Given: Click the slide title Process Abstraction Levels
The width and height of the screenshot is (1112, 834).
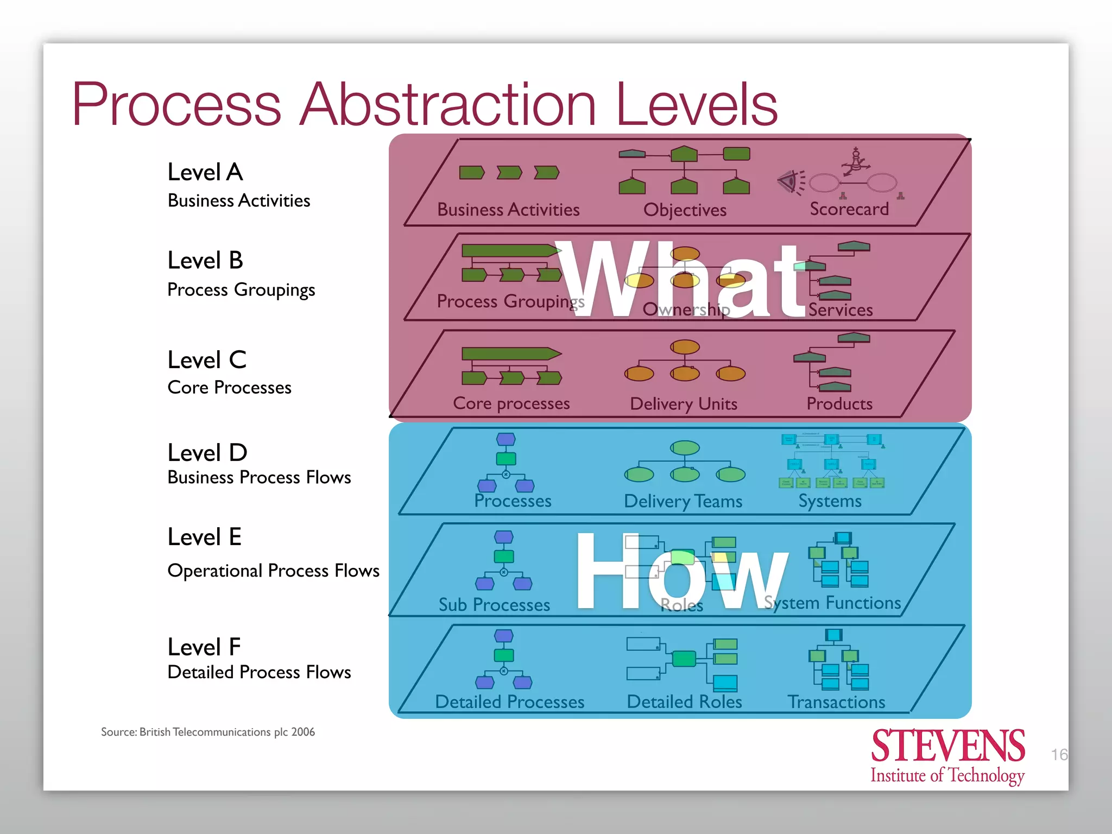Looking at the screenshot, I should pyautogui.click(x=425, y=104).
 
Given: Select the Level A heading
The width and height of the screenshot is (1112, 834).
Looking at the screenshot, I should pyautogui.click(x=205, y=172).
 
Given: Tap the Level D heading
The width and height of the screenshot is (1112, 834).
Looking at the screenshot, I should pyautogui.click(x=207, y=452).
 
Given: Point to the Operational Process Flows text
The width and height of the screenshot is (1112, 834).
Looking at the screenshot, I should pyautogui.click(x=273, y=571).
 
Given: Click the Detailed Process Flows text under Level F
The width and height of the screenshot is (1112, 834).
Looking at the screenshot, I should pyautogui.click(x=259, y=672).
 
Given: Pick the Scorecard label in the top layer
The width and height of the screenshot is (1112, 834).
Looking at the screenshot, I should pyautogui.click(x=849, y=209).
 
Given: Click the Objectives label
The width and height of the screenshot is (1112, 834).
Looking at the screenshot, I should pyautogui.click(x=685, y=210).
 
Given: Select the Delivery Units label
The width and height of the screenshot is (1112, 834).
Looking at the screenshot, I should pyautogui.click(x=684, y=404).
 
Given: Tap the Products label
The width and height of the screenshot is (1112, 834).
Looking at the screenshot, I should pyautogui.click(x=839, y=403).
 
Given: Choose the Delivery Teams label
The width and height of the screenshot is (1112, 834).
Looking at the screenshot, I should pyautogui.click(x=683, y=501).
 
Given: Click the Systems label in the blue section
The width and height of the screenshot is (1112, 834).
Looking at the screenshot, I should pyautogui.click(x=830, y=501).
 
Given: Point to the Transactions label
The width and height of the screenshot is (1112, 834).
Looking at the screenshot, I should pyautogui.click(x=836, y=702).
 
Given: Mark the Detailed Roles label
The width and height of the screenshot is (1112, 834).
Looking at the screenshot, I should pyautogui.click(x=684, y=702).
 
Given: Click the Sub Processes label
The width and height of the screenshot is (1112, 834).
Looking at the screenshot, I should pyautogui.click(x=494, y=605).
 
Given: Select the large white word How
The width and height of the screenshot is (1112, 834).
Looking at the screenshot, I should pyautogui.click(x=681, y=571).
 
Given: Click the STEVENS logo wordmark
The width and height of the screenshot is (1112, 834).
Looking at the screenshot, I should pyautogui.click(x=948, y=746).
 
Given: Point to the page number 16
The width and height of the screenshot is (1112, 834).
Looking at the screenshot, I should pyautogui.click(x=1059, y=755).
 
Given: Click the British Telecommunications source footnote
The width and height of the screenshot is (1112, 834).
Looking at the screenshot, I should pyautogui.click(x=208, y=732).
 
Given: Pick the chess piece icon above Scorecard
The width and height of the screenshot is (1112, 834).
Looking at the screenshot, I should pyautogui.click(x=856, y=162).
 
